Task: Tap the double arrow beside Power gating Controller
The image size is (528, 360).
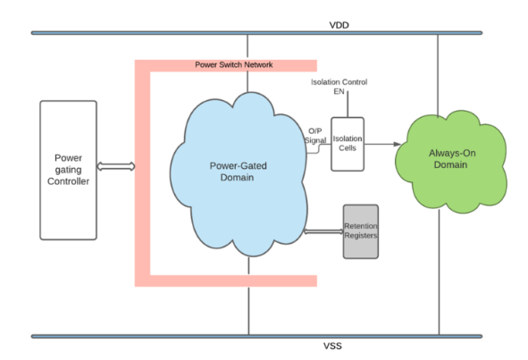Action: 116,166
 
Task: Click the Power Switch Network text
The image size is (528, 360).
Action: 235,65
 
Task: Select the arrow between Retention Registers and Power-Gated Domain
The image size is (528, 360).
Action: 323,232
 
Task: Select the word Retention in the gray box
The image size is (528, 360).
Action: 361,227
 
